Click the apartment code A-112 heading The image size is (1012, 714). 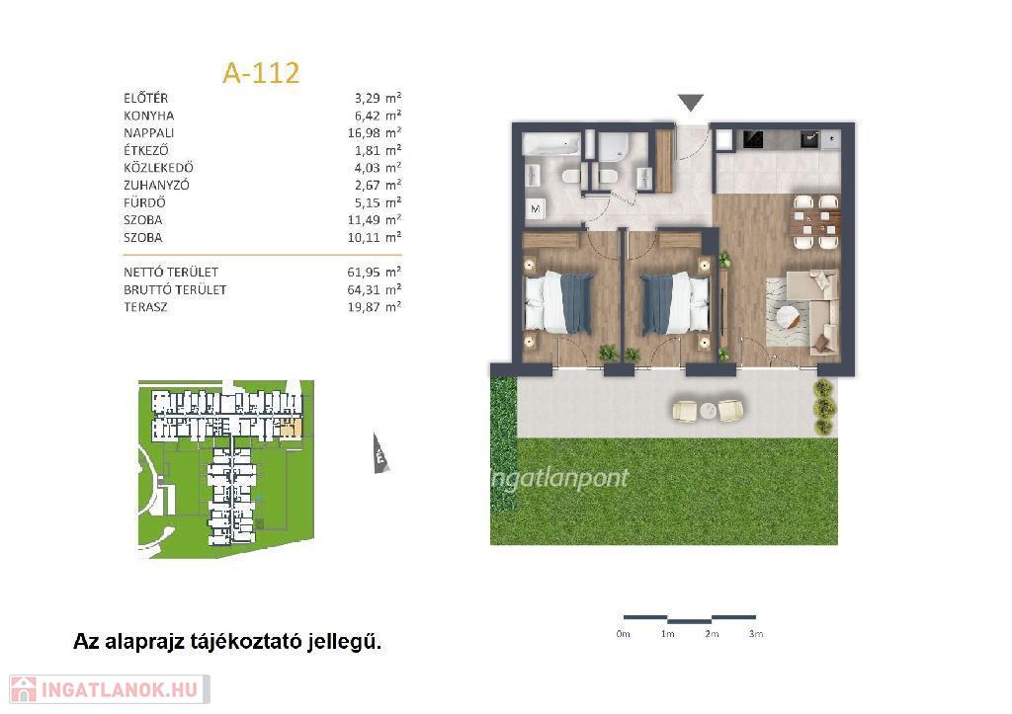(261, 73)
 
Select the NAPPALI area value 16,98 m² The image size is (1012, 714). (375, 133)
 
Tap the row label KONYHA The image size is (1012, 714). (149, 116)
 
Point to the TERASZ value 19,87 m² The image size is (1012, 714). (375, 307)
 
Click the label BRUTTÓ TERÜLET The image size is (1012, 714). (175, 289)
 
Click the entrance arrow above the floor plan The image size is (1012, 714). (690, 102)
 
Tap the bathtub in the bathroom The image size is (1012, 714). (551, 144)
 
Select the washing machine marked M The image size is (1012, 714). (535, 208)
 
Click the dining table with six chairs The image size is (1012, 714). (815, 222)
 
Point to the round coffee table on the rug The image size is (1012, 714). (789, 317)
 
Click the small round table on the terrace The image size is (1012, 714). (708, 410)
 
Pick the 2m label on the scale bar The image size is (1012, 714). (712, 634)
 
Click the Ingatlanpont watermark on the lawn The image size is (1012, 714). (559, 478)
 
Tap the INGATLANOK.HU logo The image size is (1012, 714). (109, 689)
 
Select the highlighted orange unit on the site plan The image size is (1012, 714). (292, 428)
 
